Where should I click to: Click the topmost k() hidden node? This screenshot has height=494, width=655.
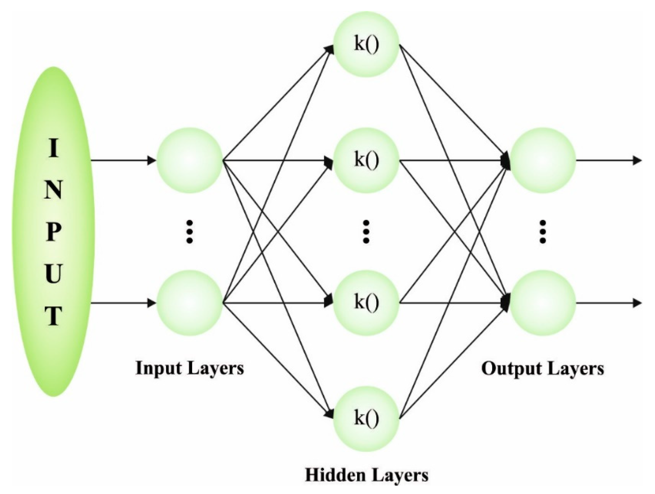point(366,45)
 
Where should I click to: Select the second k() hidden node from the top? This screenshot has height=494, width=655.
point(366,161)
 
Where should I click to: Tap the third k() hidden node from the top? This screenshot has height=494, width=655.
point(366,303)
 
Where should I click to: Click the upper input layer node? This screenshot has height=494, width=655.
point(189,161)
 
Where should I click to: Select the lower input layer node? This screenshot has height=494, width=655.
point(189,303)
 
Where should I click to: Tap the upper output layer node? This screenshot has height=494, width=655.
point(543,161)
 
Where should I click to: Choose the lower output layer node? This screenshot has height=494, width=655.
point(543,303)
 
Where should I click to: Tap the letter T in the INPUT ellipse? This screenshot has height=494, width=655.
point(53,317)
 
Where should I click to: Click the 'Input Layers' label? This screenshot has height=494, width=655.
point(189,368)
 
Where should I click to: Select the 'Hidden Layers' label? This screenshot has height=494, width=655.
point(367,475)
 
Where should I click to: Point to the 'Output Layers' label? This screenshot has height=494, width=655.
point(543,368)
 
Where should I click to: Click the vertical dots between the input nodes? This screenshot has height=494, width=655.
point(189,232)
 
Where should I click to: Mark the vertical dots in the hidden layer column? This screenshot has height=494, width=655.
point(366,232)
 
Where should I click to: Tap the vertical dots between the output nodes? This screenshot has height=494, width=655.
point(543,232)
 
